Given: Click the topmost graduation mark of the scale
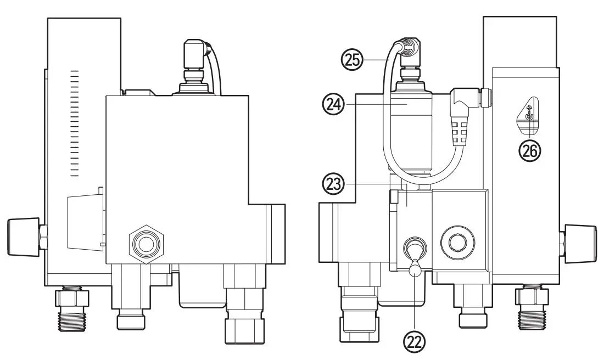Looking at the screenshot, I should [x=75, y=71].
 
